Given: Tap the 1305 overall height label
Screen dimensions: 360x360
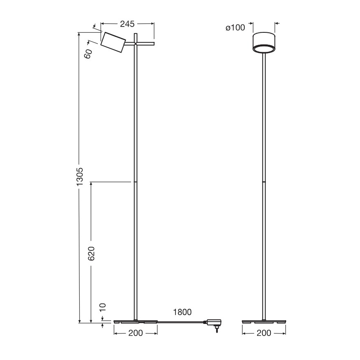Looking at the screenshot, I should click(x=81, y=177).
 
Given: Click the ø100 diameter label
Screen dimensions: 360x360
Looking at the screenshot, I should click(x=235, y=27).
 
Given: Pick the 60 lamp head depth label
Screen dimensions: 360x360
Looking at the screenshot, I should click(x=88, y=54).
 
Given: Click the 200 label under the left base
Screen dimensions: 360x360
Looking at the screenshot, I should click(x=136, y=333).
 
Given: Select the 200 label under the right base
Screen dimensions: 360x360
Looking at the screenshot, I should click(x=264, y=333).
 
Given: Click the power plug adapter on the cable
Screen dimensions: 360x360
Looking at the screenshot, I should click(x=215, y=322).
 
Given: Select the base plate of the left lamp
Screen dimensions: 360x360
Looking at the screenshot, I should click(x=136, y=321).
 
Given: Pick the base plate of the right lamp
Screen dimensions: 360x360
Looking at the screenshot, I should click(x=264, y=321).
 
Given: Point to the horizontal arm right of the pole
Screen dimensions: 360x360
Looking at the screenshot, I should click(x=146, y=43).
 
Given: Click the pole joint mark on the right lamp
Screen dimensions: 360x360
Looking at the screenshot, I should click(x=264, y=182).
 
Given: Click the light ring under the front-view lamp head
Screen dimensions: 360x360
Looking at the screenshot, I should click(x=264, y=50).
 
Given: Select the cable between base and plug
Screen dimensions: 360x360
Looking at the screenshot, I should click(x=182, y=322).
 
